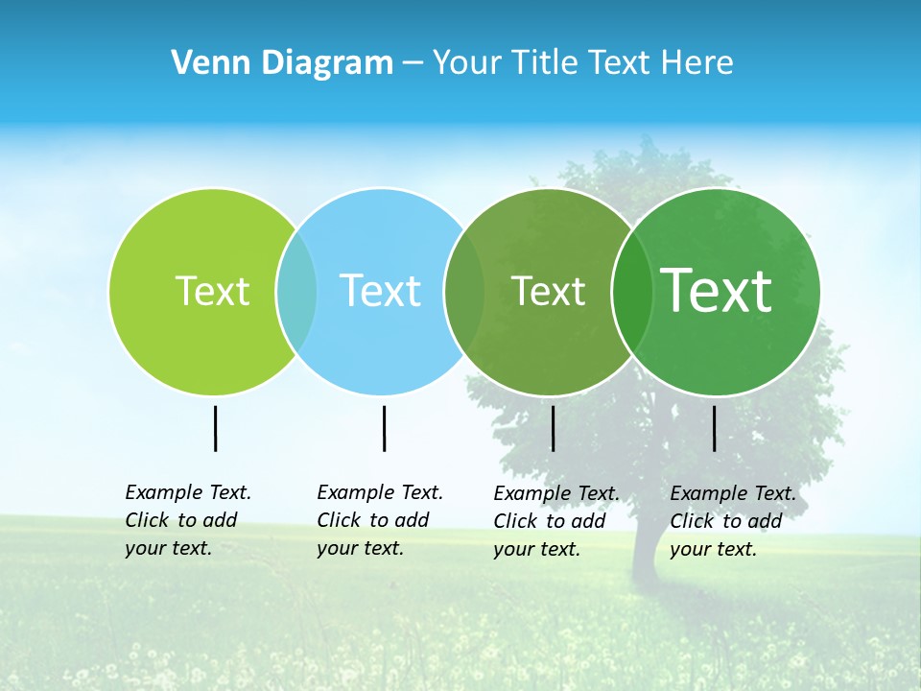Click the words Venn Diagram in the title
(282, 63)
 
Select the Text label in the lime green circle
(212, 291)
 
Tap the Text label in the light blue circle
(380, 291)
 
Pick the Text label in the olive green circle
(548, 291)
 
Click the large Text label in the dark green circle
(717, 290)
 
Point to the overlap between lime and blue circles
(296, 291)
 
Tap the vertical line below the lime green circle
(216, 428)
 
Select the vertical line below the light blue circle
(384, 428)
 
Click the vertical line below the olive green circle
(553, 428)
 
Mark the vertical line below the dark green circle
(715, 428)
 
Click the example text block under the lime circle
(188, 520)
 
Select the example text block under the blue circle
(380, 520)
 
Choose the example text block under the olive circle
(556, 521)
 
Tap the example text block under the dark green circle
(733, 521)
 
